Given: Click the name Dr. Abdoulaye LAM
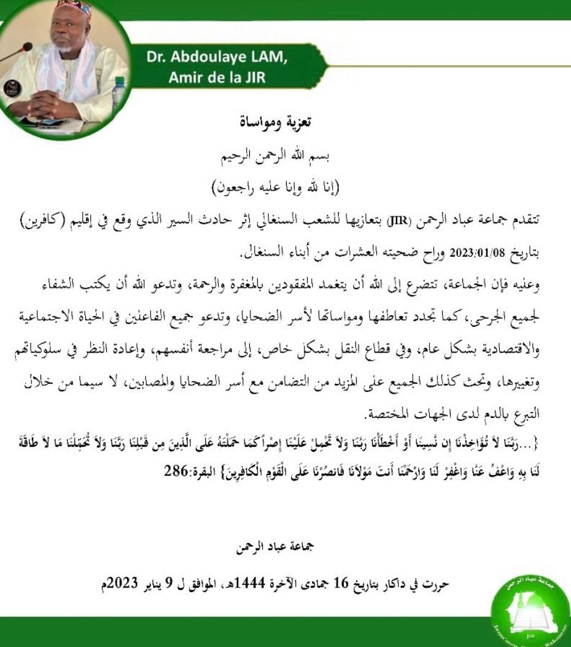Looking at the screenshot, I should click(216, 57).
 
